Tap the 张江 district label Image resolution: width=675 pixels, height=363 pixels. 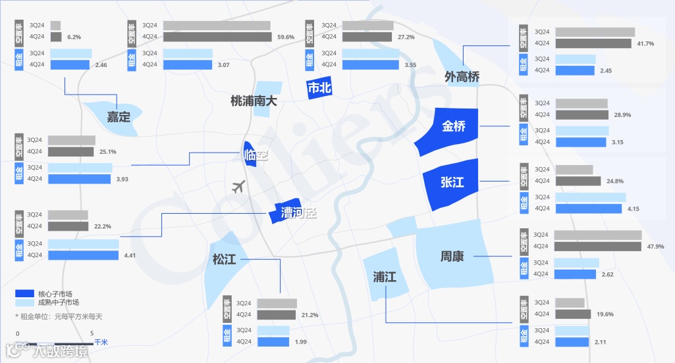pos(452,182)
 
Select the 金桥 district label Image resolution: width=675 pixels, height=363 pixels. pos(454,126)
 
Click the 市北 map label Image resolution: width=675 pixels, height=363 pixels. pos(320,88)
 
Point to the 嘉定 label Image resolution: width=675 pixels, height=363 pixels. pos(119,117)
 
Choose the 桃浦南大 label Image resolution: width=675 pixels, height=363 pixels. pos(254,101)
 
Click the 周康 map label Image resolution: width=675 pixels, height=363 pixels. pos(452,256)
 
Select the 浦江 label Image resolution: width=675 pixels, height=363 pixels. pos(385,276)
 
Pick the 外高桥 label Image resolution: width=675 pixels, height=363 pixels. pos(462,77)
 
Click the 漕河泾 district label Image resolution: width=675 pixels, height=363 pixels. pos(298,213)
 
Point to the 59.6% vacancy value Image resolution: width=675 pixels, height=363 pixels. pos(286,37)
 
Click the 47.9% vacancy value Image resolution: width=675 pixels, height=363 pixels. pos(655,247)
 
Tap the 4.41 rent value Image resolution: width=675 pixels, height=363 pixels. pos(130,255)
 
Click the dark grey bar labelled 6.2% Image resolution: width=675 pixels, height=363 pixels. pos(56,37)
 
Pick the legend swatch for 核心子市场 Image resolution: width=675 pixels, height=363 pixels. pos(25,293)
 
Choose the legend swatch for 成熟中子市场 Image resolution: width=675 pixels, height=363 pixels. pos(25,302)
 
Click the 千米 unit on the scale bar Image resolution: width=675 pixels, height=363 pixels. pos(101,342)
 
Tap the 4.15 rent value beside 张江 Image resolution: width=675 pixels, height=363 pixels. pos(634,209)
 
